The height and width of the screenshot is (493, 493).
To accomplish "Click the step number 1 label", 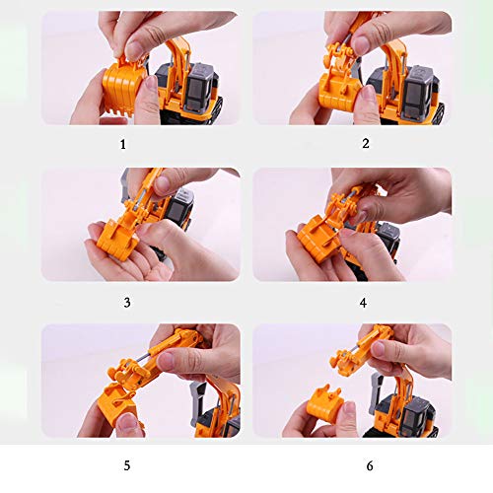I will coord(123,143).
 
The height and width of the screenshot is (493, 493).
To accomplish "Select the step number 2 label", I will coord(365,143).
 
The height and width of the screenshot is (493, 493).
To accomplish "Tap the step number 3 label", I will coord(126,302).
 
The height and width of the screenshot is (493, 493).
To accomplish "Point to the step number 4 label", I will coord(366,302).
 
